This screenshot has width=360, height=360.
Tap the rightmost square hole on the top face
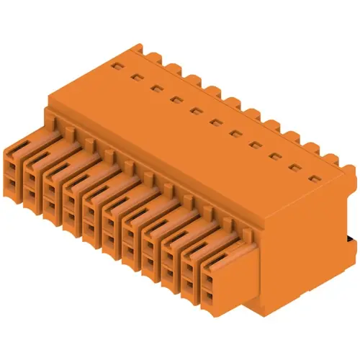click(x=313, y=176)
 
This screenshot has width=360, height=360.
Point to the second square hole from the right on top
click(x=294, y=166)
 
